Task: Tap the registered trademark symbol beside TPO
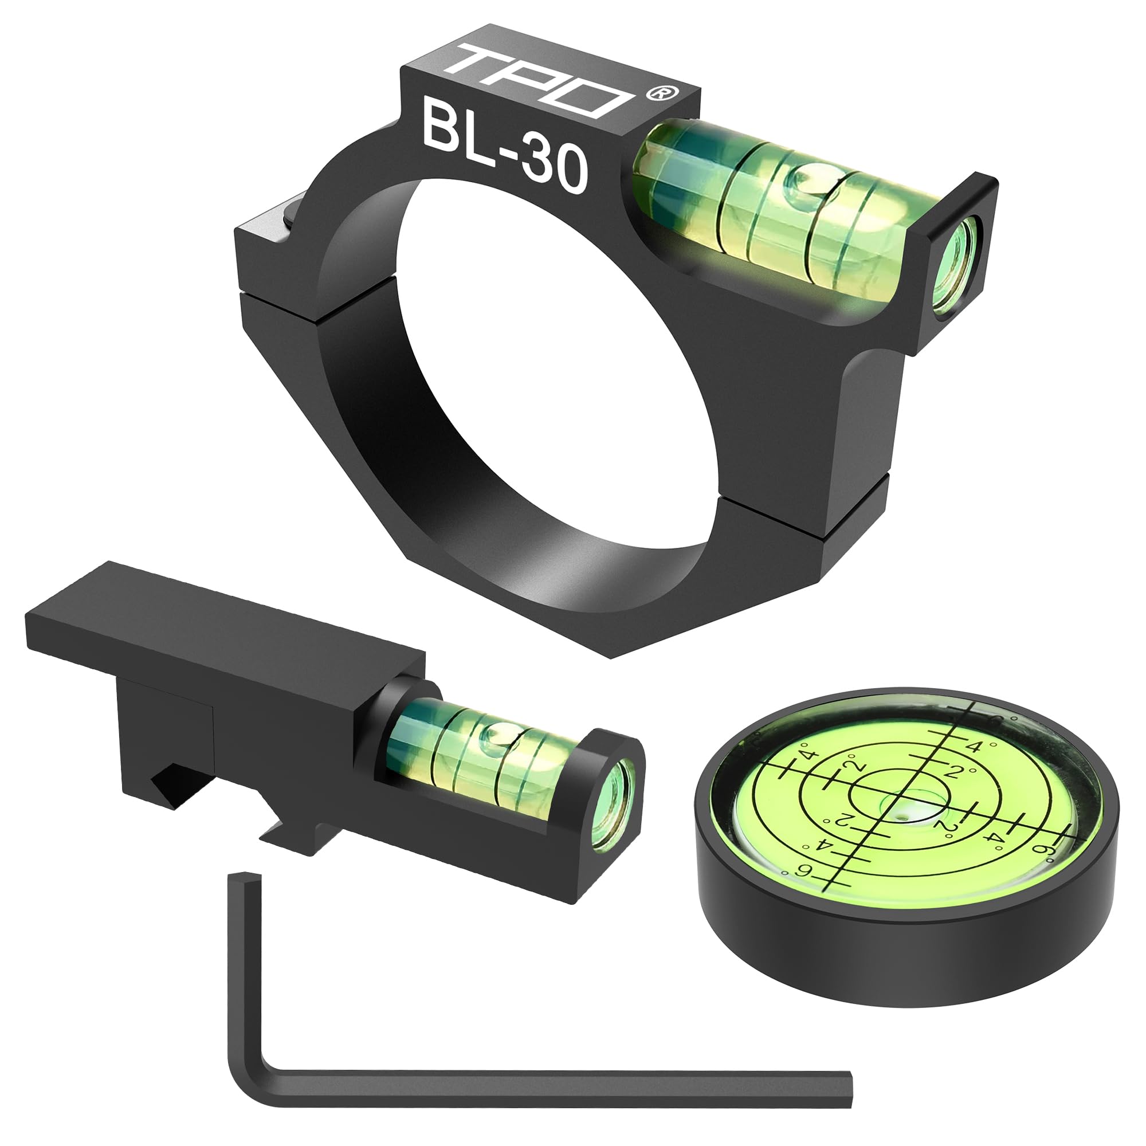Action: (656, 93)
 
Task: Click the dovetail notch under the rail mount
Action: (285, 830)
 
